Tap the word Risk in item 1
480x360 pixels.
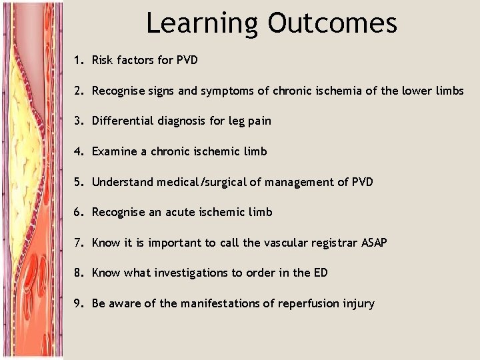(103, 60)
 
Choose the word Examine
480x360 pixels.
(113, 151)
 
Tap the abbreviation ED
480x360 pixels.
(319, 273)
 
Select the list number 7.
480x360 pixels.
(78, 243)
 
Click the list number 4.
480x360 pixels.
(78, 151)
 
